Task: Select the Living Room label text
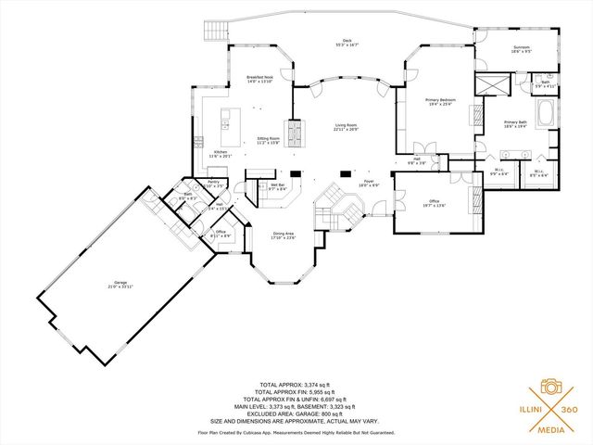point(345,126)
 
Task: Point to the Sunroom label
point(523,50)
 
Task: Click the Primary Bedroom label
point(439,100)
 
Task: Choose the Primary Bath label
point(515,123)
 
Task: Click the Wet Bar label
point(276,186)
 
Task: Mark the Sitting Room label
point(269,140)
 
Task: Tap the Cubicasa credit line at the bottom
point(296,432)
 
